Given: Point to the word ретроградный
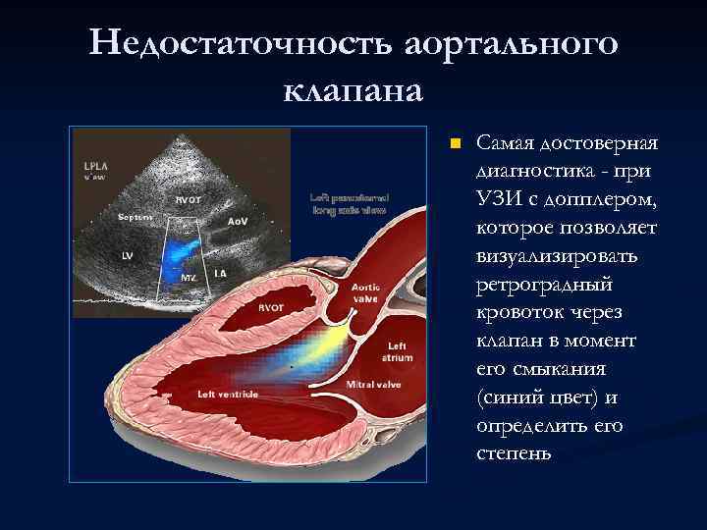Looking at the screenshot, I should [543, 285].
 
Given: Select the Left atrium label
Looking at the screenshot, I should [398, 351].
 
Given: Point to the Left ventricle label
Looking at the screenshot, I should [228, 394].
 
